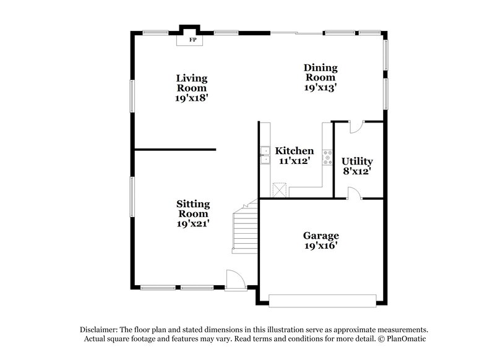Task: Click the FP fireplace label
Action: pos(192,40)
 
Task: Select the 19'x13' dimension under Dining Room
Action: pos(319,88)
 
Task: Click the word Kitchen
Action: pos(295,151)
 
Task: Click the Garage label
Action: pos(321,236)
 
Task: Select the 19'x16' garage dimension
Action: pos(321,246)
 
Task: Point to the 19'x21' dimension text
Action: pos(193,224)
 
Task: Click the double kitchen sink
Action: pos(264,155)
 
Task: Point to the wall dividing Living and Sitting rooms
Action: pos(175,149)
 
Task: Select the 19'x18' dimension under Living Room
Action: pos(192,98)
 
